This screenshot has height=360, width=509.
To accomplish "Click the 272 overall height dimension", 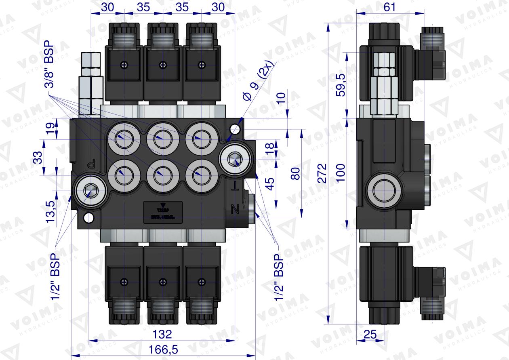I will pyautogui.click(x=321, y=173).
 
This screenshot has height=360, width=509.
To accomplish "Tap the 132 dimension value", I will pyautogui.click(x=163, y=334).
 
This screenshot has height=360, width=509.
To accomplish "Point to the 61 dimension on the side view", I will pyautogui.click(x=389, y=7).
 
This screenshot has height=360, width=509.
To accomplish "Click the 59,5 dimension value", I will pyautogui.click(x=341, y=85).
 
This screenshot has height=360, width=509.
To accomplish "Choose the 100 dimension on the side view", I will pyautogui.click(x=341, y=173).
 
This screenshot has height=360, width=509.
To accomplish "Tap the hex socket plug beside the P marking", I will pyautogui.click(x=89, y=190).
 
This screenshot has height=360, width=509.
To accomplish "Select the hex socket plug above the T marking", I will pyautogui.click(x=234, y=158).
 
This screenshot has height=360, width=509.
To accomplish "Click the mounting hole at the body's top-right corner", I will pyautogui.click(x=234, y=129).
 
